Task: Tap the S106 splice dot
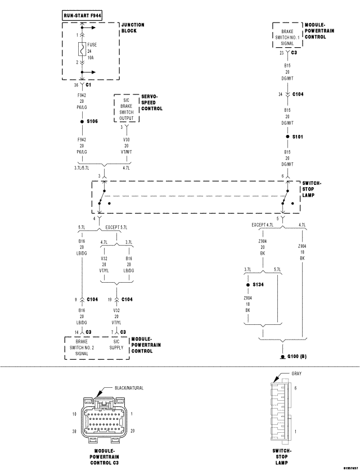[82, 121]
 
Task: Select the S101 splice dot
[287, 137]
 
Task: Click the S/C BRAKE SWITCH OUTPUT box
[127, 109]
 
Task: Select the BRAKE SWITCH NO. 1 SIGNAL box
[287, 35]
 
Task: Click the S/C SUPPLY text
[116, 347]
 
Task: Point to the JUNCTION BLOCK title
[133, 28]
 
